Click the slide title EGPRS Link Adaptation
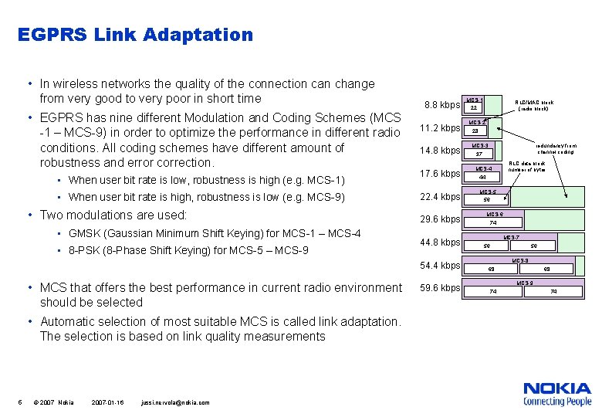point(135,35)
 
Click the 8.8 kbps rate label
point(442,104)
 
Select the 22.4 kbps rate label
point(439,196)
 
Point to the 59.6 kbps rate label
point(439,288)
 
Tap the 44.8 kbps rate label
point(439,242)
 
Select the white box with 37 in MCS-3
point(479,154)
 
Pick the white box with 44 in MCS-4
point(483,177)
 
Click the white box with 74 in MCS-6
point(493,223)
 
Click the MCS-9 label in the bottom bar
point(525,283)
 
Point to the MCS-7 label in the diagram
point(511,237)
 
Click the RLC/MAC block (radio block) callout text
point(534,106)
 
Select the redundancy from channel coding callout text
point(556,149)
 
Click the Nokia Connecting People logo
point(556,394)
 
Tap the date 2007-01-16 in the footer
point(107,402)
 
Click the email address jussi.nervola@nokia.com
point(175,402)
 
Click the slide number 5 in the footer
point(19,402)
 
